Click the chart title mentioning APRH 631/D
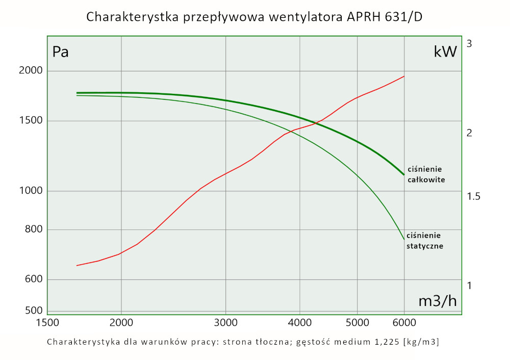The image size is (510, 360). (x=254, y=16)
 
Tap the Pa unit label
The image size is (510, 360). (x=61, y=52)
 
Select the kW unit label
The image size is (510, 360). (x=445, y=52)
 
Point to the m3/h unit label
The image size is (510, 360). (x=437, y=301)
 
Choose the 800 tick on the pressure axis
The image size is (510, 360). (x=33, y=229)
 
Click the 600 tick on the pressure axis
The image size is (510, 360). (x=33, y=279)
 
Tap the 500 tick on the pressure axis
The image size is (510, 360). (x=33, y=310)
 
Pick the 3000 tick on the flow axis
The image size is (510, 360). (x=225, y=323)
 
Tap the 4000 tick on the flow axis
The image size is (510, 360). (x=299, y=323)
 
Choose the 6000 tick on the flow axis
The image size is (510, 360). (x=404, y=323)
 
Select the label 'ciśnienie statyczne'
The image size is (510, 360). (x=424, y=240)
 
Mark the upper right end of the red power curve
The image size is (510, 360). (x=404, y=76)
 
